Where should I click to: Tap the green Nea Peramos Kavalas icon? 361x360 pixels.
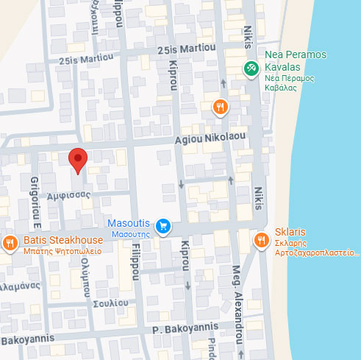(251, 68)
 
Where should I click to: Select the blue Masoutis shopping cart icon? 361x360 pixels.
(164, 227)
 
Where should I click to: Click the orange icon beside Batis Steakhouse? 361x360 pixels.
(10, 242)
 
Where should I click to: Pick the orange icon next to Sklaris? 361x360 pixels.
(261, 240)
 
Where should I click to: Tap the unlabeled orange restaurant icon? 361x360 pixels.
(219, 108)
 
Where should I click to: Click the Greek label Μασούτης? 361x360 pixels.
(131, 233)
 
